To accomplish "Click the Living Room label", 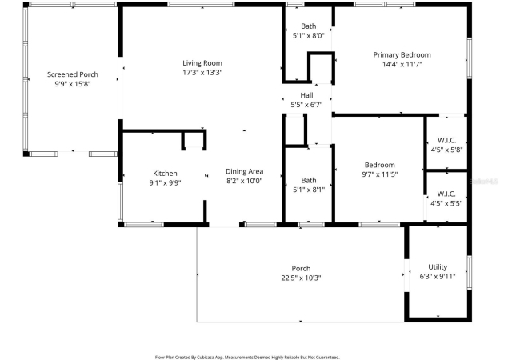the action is [202, 63].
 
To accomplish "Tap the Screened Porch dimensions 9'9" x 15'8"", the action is [73, 84].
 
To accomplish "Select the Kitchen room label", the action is [165, 174].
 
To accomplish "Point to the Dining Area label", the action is [245, 171].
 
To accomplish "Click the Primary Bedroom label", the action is [402, 55].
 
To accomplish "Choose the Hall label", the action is [306, 95].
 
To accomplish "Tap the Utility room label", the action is [438, 267].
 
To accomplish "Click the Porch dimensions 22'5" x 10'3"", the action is [301, 278].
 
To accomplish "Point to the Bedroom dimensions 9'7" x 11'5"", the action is [379, 174].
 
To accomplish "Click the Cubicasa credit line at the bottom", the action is [247, 358].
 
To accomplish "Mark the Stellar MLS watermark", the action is [484, 182].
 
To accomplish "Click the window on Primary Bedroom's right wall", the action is [470, 58].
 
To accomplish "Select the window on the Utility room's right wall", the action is [470, 272].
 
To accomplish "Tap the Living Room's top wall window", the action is [202, 5].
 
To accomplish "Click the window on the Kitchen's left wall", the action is [120, 202].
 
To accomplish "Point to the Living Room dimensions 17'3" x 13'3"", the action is [202, 72].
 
